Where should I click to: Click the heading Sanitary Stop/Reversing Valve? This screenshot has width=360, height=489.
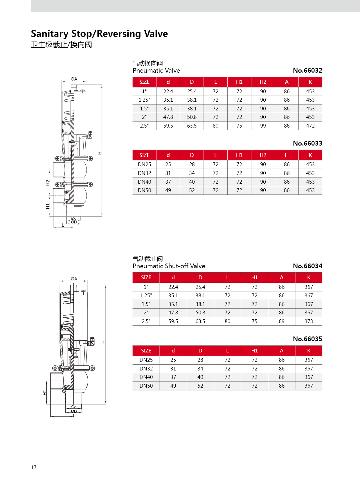(x=99, y=34)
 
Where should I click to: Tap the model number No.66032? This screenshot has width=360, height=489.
(x=307, y=70)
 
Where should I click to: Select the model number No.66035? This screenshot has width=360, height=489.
(x=307, y=339)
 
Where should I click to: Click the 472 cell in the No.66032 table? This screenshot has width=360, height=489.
(x=310, y=126)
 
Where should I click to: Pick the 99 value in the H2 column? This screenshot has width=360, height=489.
(x=263, y=126)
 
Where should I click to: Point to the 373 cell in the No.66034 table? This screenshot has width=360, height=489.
(x=309, y=321)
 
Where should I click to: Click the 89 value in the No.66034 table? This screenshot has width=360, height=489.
(x=281, y=321)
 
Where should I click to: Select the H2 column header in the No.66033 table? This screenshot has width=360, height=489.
(x=263, y=155)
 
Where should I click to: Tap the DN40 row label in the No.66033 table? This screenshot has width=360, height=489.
(x=144, y=182)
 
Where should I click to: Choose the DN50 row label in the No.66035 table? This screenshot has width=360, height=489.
(x=146, y=386)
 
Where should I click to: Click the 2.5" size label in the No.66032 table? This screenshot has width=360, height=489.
(x=144, y=126)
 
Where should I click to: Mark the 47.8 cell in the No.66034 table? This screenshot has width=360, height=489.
(x=173, y=313)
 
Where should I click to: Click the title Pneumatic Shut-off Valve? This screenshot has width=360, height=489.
(x=169, y=266)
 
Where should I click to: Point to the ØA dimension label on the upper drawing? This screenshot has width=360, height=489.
(x=74, y=79)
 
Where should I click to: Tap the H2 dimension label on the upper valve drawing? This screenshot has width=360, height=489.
(x=48, y=183)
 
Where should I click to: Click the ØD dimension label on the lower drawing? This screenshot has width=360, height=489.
(x=74, y=411)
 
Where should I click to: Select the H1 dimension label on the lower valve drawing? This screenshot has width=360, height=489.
(x=45, y=393)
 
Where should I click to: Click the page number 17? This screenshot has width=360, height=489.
(x=34, y=467)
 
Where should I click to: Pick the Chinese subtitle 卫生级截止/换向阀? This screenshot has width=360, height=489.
(x=62, y=45)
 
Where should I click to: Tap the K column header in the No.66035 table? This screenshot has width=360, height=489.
(x=309, y=351)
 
